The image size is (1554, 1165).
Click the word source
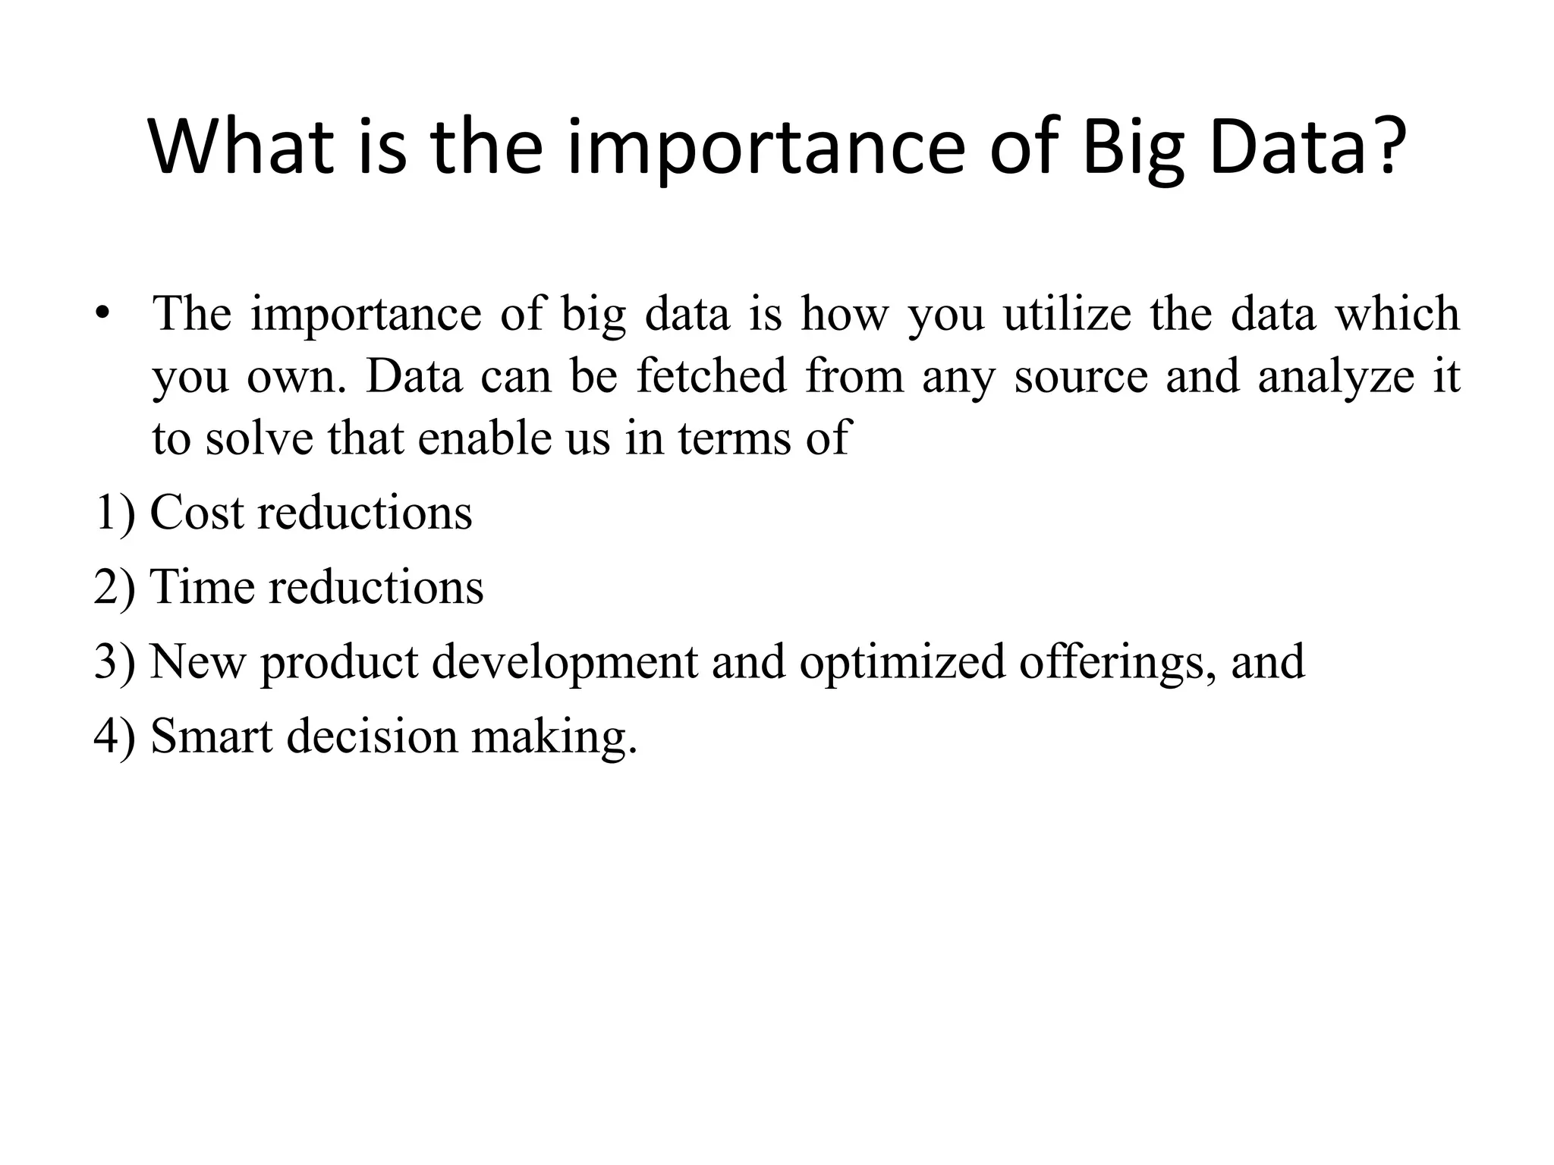tap(1081, 378)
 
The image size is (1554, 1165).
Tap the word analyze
tap(1335, 378)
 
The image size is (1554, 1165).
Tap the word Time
tap(202, 587)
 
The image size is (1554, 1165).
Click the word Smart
tap(212, 736)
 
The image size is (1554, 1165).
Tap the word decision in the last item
tap(372, 736)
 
